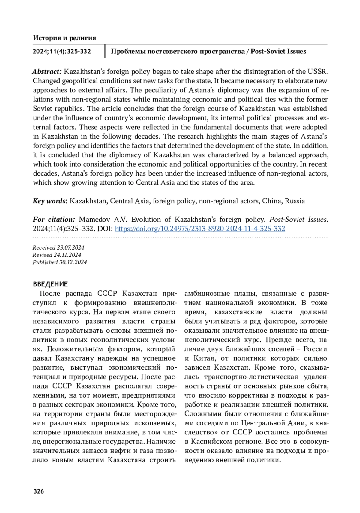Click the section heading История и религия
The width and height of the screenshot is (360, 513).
(x=64, y=38)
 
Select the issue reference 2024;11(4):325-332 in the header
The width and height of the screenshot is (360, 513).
(x=62, y=52)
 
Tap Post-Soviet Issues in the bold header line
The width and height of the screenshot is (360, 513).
(x=278, y=52)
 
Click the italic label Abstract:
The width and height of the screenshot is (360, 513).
(x=47, y=72)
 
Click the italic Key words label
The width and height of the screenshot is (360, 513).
(x=49, y=201)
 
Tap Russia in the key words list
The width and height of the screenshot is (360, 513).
(x=295, y=201)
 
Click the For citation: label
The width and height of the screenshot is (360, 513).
(x=54, y=220)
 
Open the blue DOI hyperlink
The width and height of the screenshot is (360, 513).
(x=200, y=229)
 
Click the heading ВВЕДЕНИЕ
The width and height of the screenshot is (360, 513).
(x=50, y=284)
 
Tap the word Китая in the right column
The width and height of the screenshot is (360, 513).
(x=204, y=358)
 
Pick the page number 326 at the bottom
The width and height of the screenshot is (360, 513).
(x=39, y=491)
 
